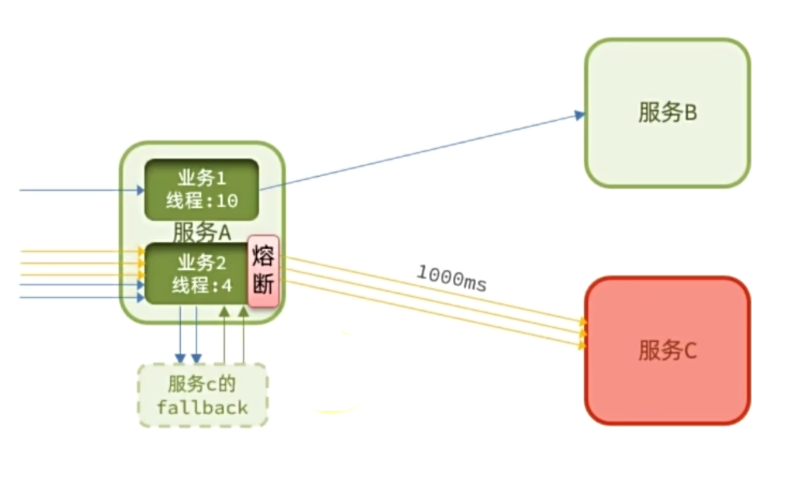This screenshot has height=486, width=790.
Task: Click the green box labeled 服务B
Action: pyautogui.click(x=667, y=112)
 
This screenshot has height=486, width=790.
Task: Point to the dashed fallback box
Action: pyautogui.click(x=203, y=395)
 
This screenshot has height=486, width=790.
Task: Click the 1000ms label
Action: pyautogui.click(x=451, y=278)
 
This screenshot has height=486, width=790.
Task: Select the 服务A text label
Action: pyautogui.click(x=202, y=232)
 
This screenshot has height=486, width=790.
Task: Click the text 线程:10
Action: pyautogui.click(x=202, y=201)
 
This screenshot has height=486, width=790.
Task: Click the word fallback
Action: pyautogui.click(x=203, y=407)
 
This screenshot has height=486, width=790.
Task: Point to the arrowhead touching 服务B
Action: pyautogui.click(x=581, y=115)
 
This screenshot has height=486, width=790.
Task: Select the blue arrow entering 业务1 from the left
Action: pyautogui.click(x=82, y=191)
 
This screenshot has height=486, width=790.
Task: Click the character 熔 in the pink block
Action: pyautogui.click(x=263, y=258)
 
